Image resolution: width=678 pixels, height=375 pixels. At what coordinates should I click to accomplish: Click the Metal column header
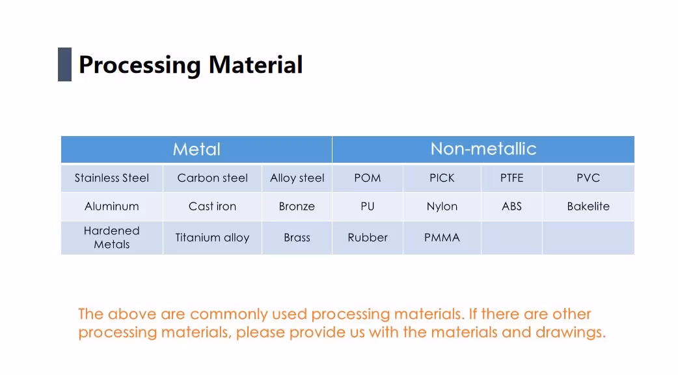(x=197, y=149)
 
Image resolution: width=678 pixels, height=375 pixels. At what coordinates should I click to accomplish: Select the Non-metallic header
(x=483, y=149)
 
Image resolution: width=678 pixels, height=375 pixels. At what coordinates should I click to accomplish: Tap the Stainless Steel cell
(x=112, y=178)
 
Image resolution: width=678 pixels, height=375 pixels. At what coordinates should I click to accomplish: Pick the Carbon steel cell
(x=212, y=178)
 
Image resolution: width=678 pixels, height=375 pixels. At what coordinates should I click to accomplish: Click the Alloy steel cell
(x=297, y=178)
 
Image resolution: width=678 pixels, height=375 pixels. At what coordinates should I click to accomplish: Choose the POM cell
(x=368, y=178)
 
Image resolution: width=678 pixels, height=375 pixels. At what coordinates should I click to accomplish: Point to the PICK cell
(x=442, y=178)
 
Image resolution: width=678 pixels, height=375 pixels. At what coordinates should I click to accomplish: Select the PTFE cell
(x=512, y=178)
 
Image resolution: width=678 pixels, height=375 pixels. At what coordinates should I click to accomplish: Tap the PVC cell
(x=588, y=178)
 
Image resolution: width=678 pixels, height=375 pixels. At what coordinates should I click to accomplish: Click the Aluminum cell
(x=112, y=206)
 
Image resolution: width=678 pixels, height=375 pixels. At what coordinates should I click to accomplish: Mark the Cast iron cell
(x=212, y=206)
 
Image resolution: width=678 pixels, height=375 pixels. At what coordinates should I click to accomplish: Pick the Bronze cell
(x=297, y=206)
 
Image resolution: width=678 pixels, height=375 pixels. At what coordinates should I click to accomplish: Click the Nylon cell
(x=442, y=206)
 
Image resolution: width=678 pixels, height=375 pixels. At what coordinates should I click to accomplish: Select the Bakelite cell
(x=588, y=206)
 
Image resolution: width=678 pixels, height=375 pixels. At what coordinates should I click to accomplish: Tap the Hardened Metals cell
(x=112, y=238)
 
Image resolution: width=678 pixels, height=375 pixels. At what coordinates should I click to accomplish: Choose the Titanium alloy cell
(x=212, y=238)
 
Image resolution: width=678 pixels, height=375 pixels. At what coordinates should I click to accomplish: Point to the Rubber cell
(x=368, y=238)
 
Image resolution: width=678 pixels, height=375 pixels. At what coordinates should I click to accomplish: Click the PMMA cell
(x=442, y=238)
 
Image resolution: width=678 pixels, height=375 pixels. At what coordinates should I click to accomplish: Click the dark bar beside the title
(x=64, y=64)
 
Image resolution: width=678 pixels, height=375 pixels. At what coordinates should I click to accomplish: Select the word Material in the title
(x=256, y=65)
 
